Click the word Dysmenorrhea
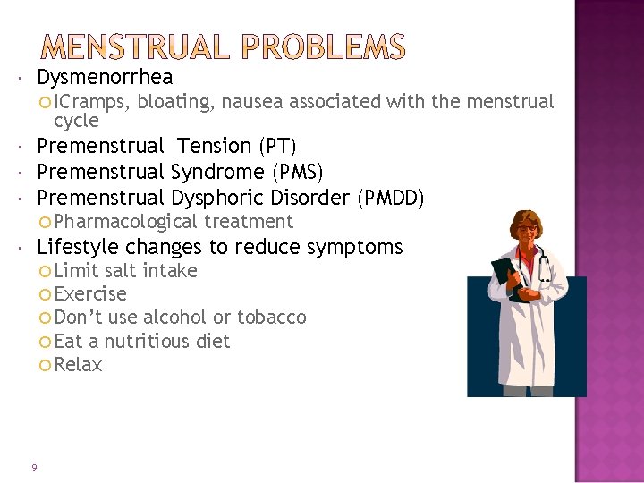[105, 77]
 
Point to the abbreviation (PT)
[277, 146]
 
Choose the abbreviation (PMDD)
[391, 198]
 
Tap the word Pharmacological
[126, 222]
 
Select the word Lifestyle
[78, 247]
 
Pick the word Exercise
[90, 294]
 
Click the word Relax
[79, 365]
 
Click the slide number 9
[33, 467]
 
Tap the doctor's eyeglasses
[527, 230]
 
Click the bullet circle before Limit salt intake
[47, 271]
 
